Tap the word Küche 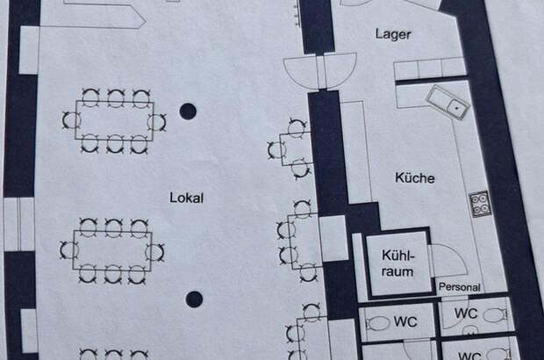point(415,177)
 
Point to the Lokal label point(186,198)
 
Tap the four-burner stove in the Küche point(479,205)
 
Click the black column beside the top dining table point(187,111)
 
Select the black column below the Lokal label point(195,299)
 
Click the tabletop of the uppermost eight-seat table point(114,117)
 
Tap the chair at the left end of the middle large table point(67,251)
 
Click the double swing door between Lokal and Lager point(320,70)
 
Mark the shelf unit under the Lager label point(429,68)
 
